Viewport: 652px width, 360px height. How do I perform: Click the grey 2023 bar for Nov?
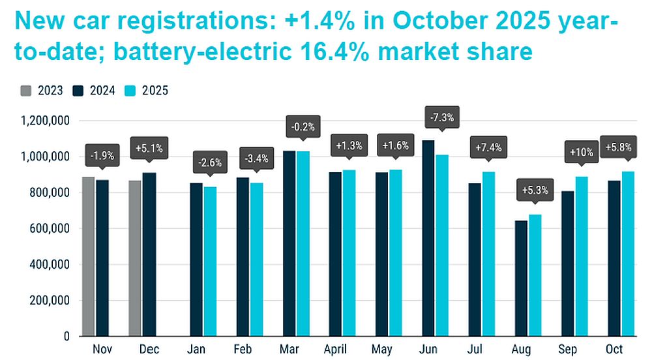88,256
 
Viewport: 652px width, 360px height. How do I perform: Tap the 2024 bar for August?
521,280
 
